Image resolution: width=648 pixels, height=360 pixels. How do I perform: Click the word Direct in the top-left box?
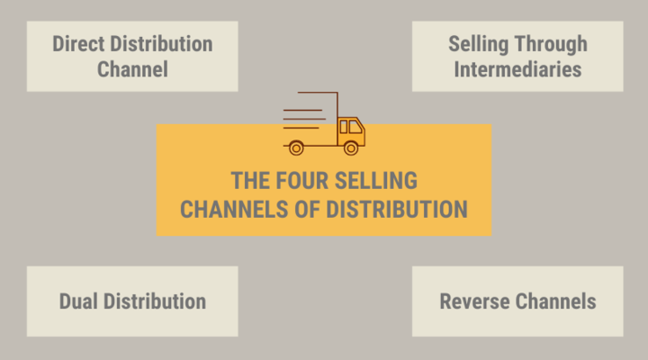click(x=78, y=44)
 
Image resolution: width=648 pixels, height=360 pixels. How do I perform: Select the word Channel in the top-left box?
click(x=132, y=69)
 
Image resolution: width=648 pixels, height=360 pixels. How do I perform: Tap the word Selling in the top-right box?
click(x=479, y=45)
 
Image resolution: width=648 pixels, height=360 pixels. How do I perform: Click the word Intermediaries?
click(x=517, y=69)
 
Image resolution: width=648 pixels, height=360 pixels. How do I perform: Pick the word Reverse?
click(x=474, y=301)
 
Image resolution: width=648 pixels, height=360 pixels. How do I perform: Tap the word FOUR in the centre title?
click(x=302, y=181)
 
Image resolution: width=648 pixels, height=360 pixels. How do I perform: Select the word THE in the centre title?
click(x=250, y=181)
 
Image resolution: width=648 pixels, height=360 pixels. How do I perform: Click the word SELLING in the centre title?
click(x=376, y=181)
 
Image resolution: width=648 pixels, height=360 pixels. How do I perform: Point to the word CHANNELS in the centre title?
click(x=234, y=209)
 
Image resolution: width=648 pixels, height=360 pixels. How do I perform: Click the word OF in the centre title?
click(x=308, y=209)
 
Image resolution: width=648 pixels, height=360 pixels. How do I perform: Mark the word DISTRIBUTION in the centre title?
click(x=397, y=209)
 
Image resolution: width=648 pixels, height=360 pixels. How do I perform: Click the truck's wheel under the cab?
click(x=351, y=148)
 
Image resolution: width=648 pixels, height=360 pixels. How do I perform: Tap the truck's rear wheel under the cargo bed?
click(x=296, y=148)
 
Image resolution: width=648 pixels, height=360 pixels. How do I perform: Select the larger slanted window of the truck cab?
click(x=355, y=127)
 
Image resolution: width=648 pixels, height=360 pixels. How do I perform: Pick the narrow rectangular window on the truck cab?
click(x=344, y=127)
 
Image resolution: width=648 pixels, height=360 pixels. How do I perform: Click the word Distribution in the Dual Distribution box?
click(x=155, y=301)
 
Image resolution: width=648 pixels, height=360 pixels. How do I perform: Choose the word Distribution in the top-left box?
click(x=162, y=44)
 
